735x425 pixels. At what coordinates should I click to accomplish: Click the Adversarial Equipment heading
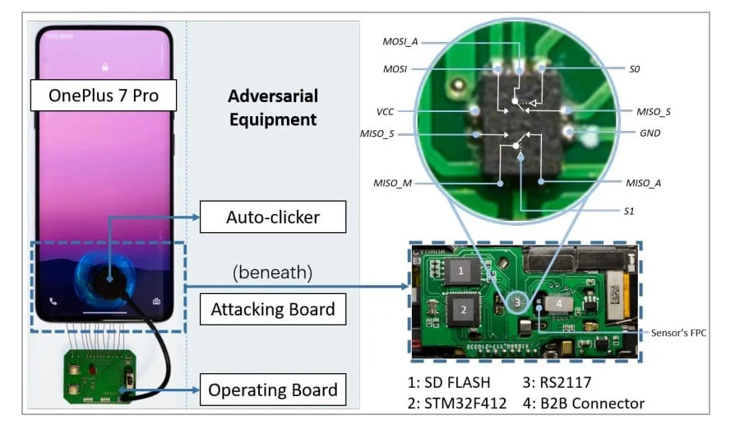(272, 108)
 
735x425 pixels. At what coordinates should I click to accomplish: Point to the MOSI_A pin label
(400, 41)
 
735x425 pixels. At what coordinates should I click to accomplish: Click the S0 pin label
(634, 70)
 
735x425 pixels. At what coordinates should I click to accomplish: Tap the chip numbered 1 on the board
(463, 270)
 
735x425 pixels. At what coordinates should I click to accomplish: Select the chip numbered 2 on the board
(464, 310)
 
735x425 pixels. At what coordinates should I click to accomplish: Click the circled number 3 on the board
(516, 302)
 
